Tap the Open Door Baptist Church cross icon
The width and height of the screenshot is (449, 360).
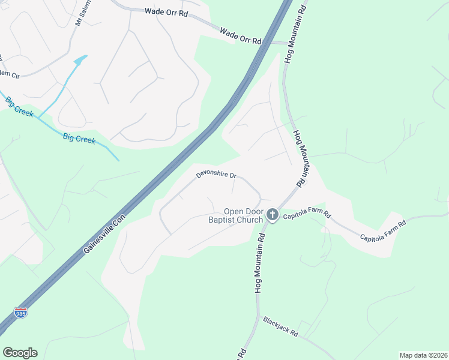pyautogui.click(x=273, y=214)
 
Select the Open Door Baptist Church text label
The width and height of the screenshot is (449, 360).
pyautogui.click(x=244, y=215)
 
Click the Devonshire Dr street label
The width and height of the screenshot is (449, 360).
pyautogui.click(x=216, y=176)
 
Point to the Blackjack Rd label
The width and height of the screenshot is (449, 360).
pyautogui.click(x=280, y=326)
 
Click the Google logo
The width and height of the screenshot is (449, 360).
pyautogui.click(x=20, y=353)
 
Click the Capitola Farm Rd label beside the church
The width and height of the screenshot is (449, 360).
pyautogui.click(x=307, y=214)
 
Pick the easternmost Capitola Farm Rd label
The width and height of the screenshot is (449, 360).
pyautogui.click(x=383, y=230)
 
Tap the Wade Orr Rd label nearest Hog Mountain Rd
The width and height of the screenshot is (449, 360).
pyautogui.click(x=241, y=35)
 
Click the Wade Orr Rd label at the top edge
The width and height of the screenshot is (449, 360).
pyautogui.click(x=167, y=11)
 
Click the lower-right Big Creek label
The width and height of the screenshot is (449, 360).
pyautogui.click(x=79, y=137)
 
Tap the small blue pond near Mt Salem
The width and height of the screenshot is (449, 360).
pyautogui.click(x=80, y=60)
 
